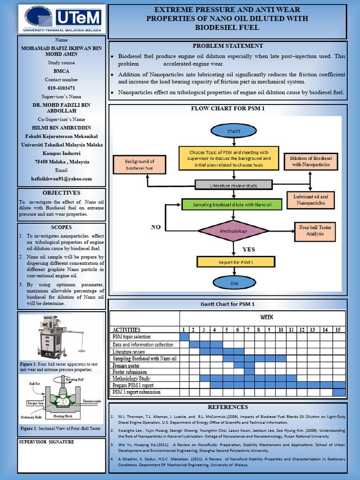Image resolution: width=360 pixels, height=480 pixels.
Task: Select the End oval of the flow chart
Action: [x=233, y=283]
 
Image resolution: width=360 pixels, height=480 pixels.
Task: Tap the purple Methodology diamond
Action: [x=233, y=231]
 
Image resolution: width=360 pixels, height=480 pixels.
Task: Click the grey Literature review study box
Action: [x=233, y=185]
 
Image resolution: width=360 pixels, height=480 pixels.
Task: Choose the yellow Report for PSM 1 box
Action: [x=236, y=262]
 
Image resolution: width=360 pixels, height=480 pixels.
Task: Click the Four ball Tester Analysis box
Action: [x=315, y=230]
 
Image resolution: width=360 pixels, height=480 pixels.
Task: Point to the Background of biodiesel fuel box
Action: [x=139, y=165]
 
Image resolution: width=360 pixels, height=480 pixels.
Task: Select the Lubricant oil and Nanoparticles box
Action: [x=310, y=200]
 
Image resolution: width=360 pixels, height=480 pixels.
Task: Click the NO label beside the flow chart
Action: [x=156, y=227]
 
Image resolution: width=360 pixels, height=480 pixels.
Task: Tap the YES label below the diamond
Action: [x=248, y=249]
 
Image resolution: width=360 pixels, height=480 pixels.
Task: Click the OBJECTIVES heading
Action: [x=61, y=193]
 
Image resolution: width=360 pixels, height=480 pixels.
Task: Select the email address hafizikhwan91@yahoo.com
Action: [x=61, y=179]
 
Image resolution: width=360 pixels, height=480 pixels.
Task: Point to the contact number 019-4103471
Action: [x=61, y=88]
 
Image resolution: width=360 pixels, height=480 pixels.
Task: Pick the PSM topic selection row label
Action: [x=131, y=337]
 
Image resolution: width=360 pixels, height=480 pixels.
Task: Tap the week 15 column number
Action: [x=338, y=330]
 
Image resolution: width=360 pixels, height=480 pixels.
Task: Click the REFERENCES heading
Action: [x=228, y=407]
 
